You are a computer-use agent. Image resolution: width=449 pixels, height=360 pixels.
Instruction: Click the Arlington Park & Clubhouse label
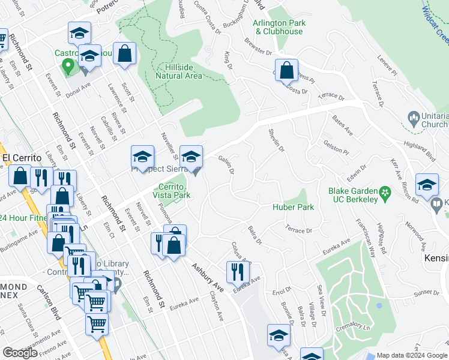tap(279, 27)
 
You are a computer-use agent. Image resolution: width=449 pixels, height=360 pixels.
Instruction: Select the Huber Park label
tap(294, 207)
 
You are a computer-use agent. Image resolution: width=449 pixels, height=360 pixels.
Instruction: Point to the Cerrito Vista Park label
tap(174, 191)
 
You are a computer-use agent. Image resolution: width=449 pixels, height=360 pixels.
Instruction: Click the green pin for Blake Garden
tap(386, 192)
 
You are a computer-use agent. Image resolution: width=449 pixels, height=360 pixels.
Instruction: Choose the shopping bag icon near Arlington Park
tap(287, 70)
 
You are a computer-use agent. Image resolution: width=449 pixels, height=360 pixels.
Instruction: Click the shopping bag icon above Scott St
tap(124, 53)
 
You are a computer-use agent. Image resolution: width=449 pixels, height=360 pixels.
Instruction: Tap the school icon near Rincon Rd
tap(427, 185)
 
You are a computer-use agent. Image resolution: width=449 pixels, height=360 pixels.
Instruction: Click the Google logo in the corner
tap(20, 353)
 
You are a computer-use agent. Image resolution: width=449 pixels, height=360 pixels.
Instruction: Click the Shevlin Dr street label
tap(277, 140)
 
